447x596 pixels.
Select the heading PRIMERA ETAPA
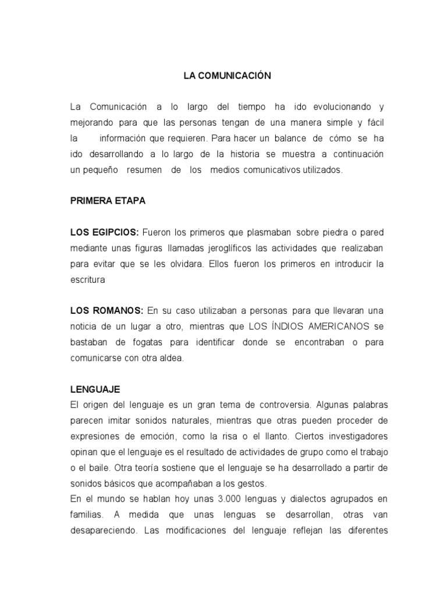(108, 201)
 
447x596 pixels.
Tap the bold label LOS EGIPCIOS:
(104, 233)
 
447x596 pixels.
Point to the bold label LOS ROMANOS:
(107, 311)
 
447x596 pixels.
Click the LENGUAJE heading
(95, 389)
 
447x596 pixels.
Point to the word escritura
(87, 280)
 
